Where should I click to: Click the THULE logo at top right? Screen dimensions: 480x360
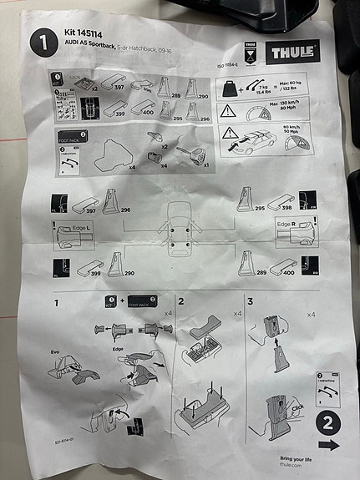tap(292, 53)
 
